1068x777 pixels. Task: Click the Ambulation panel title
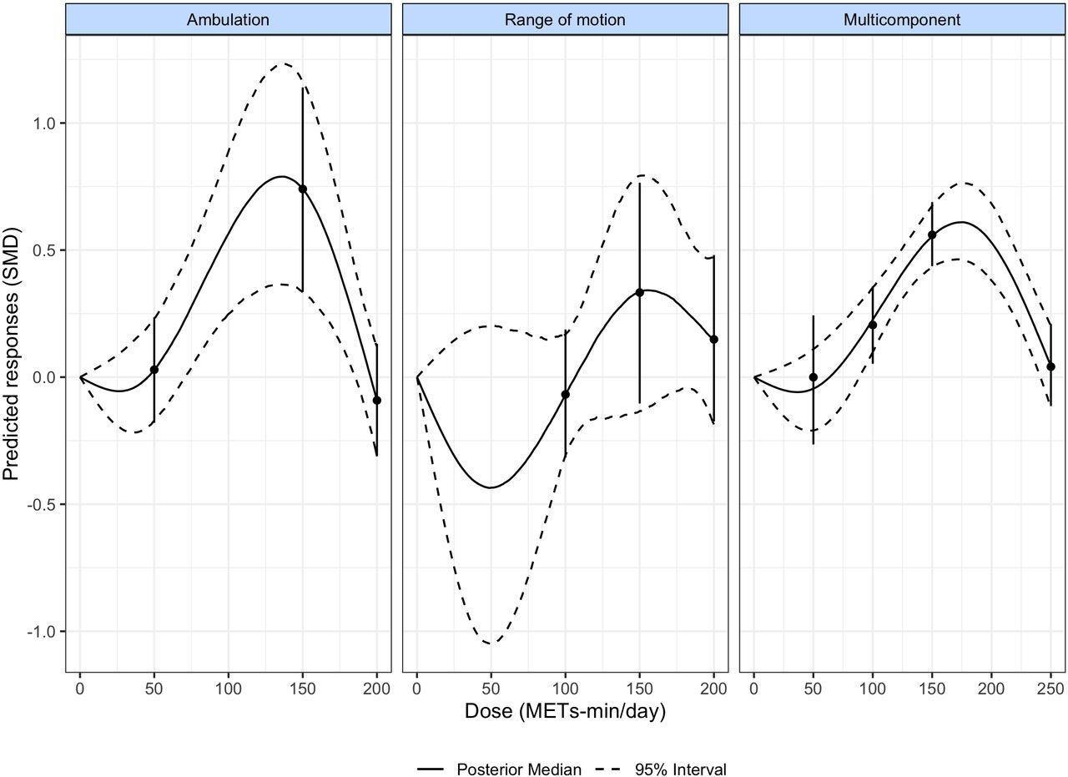tap(228, 20)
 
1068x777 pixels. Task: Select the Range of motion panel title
tap(565, 20)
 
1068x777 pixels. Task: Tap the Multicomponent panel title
tap(901, 20)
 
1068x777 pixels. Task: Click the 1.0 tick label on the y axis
tap(45, 124)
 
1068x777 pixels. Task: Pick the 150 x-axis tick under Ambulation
tap(302, 689)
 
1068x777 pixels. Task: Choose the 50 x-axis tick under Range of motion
tap(491, 689)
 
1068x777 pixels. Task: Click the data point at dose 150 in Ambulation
tap(303, 189)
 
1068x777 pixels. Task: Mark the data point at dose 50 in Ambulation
tap(154, 370)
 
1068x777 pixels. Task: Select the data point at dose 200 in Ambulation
tap(377, 401)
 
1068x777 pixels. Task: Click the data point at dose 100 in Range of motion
tap(566, 394)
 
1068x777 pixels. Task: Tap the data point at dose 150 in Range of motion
tap(640, 292)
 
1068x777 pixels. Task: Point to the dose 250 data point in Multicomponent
tap(1051, 366)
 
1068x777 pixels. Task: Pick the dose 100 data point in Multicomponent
tap(873, 325)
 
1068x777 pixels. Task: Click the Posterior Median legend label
tap(519, 746)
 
